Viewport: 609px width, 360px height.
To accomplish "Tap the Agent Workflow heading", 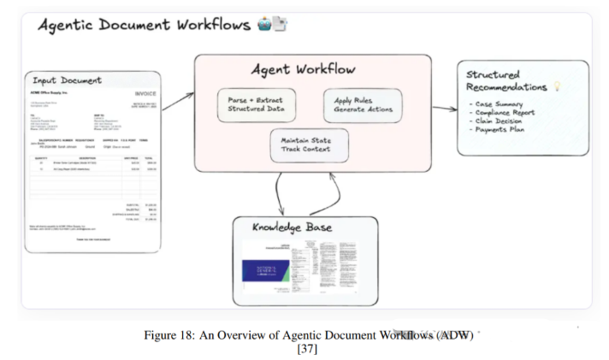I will (303, 68).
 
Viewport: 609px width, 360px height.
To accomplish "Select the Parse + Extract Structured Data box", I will (257, 104).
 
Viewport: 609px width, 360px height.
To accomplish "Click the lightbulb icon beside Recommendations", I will (557, 87).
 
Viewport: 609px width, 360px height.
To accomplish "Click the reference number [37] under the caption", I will (305, 349).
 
